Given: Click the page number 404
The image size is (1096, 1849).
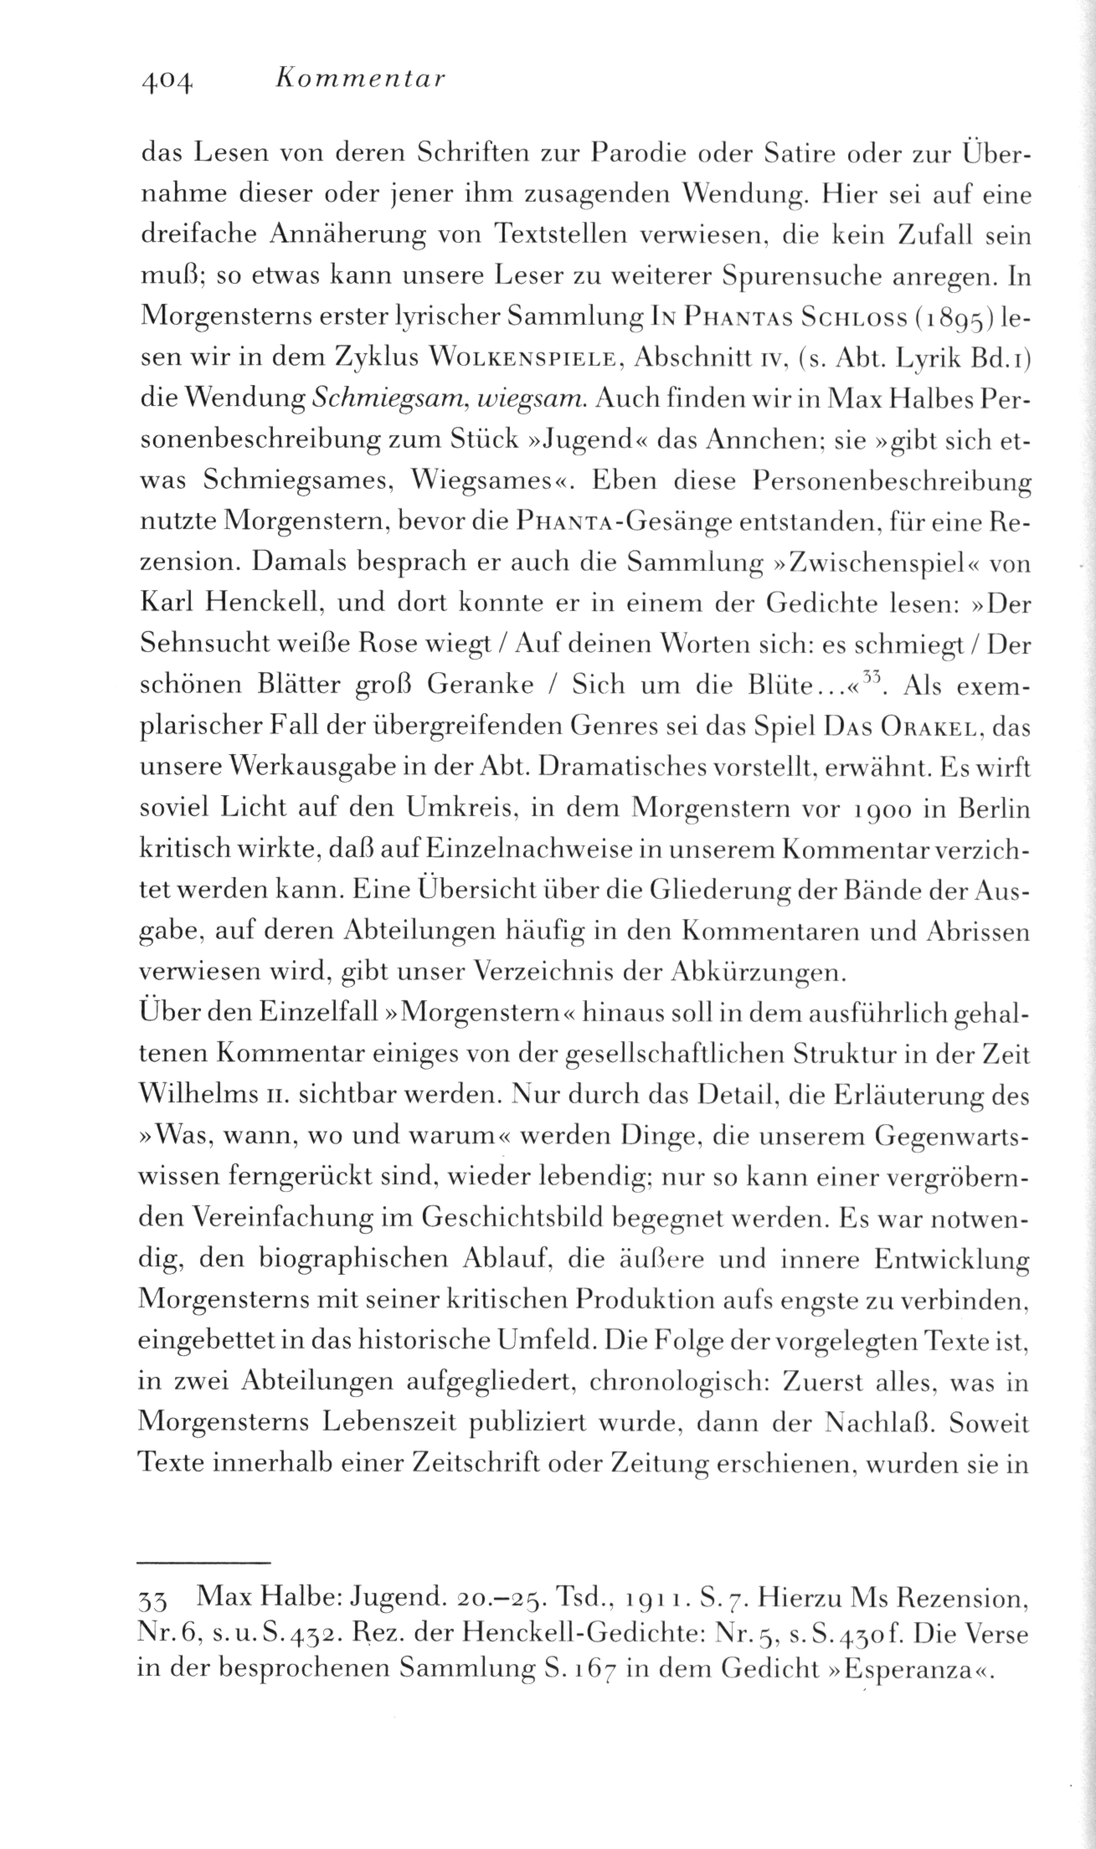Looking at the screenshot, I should [169, 80].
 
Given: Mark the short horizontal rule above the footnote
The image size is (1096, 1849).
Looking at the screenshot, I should [203, 1562].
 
